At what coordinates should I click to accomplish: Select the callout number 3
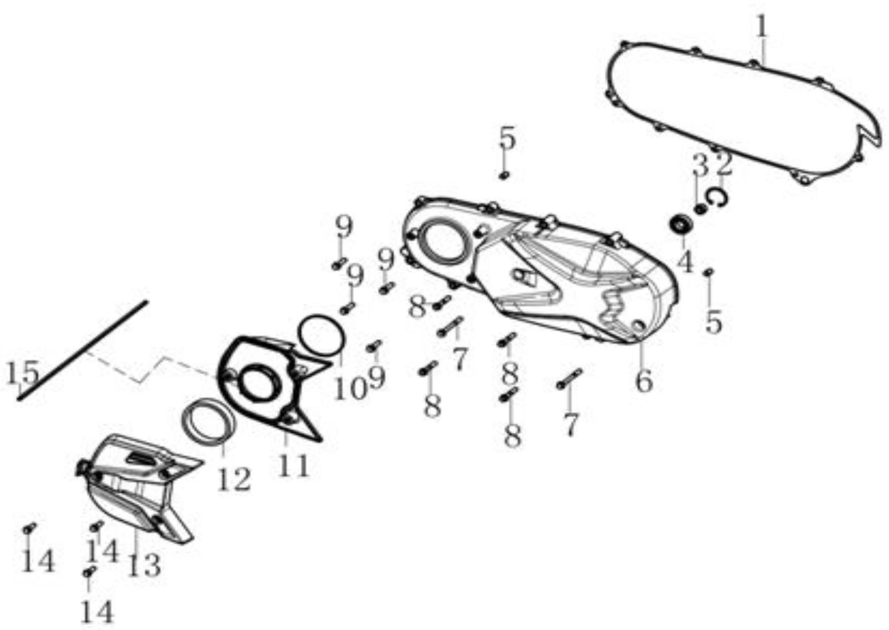coord(701,164)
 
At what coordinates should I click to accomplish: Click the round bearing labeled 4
coord(681,225)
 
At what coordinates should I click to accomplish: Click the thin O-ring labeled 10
coord(320,335)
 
